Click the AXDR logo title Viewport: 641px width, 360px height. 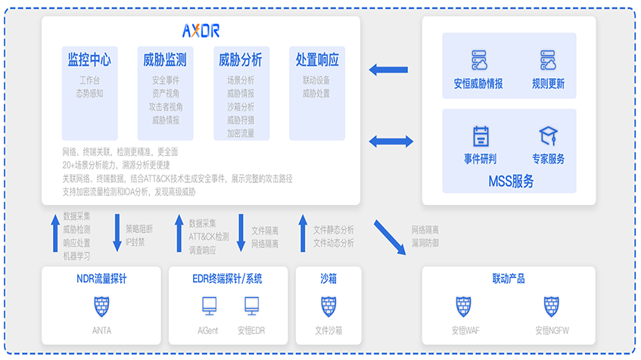tap(201, 31)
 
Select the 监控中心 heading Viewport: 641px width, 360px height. tap(89, 60)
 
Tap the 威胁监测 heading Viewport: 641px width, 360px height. tap(164, 60)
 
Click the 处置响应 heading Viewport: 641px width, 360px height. tap(317, 60)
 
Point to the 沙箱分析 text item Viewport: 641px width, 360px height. tap(241, 107)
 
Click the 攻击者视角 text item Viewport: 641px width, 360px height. tap(165, 107)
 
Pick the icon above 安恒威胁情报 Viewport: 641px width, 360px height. tap(478, 60)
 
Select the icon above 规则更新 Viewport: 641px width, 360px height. tap(548, 60)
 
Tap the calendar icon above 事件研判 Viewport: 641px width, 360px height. tap(481, 136)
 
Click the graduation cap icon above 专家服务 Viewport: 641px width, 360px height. tap(548, 136)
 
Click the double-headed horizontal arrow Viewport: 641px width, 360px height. tap(391, 141)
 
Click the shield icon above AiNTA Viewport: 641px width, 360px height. tap(101, 306)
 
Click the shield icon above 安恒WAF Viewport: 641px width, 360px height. tap(464, 306)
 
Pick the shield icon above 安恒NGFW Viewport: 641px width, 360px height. tap(552, 306)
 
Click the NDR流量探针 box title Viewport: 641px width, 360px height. tap(101, 279)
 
